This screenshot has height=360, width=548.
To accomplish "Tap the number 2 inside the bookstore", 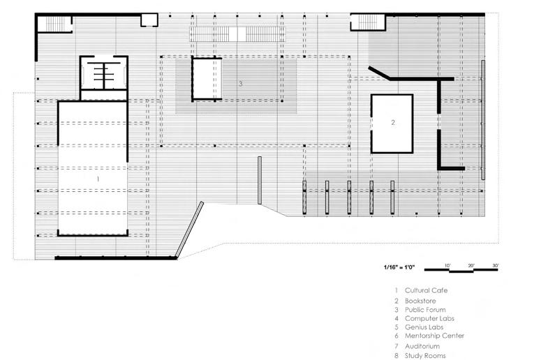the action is pos(393,122).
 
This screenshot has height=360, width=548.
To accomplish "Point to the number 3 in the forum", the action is pos(241,84).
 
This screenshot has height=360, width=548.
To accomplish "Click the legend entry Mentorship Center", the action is pos(434,336).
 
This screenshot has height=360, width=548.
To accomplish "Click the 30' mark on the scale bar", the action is pos(495,265).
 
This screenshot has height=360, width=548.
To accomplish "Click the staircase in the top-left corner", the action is pos(55,24).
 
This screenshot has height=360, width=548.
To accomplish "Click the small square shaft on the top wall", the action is pos(149,20).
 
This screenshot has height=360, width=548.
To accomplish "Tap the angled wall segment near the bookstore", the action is pos(381,73).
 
